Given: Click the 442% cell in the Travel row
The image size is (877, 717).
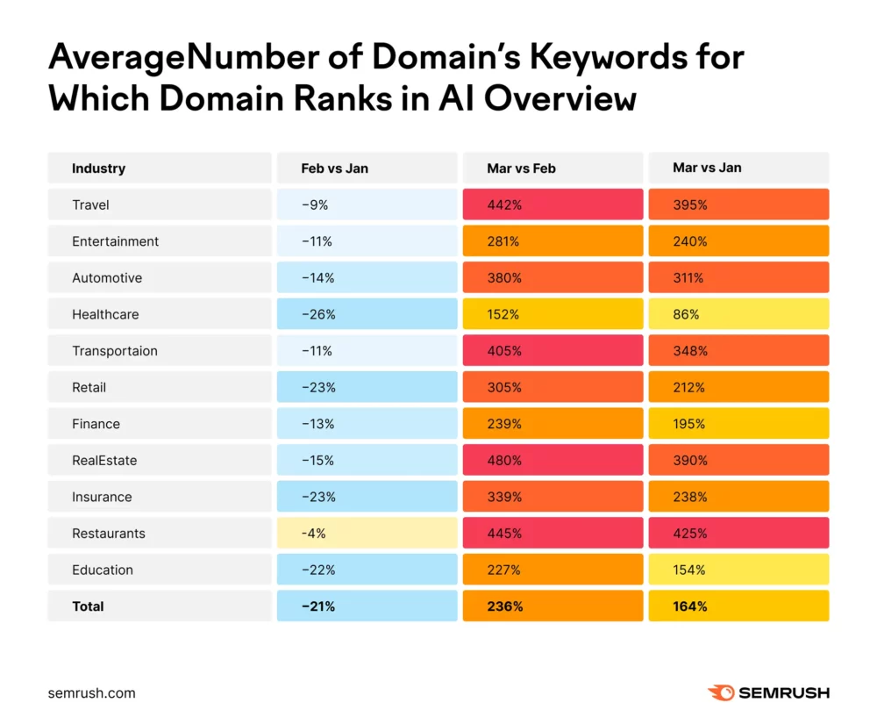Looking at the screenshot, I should pos(553,204).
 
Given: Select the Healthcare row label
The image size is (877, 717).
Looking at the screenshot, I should pos(105,314).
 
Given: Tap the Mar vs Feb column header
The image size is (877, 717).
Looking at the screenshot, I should pos(521,168).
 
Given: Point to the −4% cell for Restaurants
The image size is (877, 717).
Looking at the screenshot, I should pos(367,534).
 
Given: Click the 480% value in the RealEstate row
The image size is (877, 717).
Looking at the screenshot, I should pos(553,460).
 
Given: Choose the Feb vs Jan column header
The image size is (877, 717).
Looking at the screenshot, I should pos(334,168).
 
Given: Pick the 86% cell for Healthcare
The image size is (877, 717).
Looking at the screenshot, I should pos(738,314).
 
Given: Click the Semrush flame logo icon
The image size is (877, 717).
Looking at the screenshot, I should pos(721,692).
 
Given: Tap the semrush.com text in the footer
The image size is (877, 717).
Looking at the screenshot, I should pos(92,692).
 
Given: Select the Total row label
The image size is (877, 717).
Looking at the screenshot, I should pos(88,606).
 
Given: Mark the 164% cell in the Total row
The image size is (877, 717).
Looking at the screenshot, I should pos(738,606).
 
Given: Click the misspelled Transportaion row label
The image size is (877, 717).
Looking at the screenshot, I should pos(115,351).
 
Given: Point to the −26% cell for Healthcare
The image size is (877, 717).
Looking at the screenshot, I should pos(367,314).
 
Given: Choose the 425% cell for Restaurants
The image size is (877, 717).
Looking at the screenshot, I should pos(738,534).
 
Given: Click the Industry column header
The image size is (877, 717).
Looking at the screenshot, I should pos(98,168).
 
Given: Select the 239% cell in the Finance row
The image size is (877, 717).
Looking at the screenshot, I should pos(553,424).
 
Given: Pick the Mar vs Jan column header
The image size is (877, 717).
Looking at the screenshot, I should pos(707,168).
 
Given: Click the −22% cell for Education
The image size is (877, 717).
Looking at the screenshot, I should pos(367,570).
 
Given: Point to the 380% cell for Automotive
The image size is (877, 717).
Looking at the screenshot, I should pos(553,277).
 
